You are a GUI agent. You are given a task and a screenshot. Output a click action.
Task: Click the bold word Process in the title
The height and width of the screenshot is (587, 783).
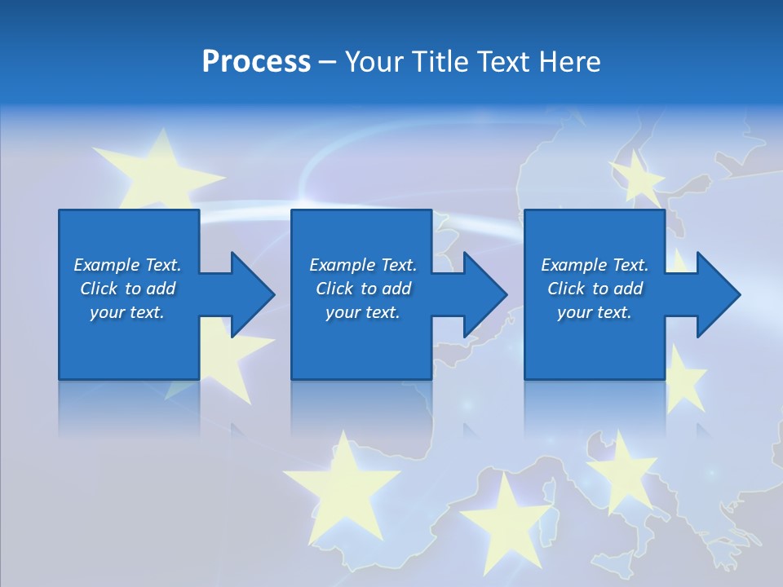point(256,62)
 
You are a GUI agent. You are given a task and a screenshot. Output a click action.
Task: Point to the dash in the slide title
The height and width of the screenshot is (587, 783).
point(327,63)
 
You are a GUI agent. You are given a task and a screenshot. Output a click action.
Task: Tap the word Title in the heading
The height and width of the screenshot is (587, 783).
point(441,62)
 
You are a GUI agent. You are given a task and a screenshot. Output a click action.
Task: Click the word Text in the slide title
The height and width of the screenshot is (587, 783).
point(505,62)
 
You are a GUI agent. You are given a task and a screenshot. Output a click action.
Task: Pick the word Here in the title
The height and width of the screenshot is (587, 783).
point(570,62)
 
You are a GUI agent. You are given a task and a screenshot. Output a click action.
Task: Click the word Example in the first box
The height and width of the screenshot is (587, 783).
point(106,265)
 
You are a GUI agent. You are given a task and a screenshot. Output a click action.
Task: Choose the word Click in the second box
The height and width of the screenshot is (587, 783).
point(334,289)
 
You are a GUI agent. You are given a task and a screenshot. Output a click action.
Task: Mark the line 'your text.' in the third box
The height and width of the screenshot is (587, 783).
point(594,312)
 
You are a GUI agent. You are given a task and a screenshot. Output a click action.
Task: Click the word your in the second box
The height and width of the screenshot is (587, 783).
point(343,312)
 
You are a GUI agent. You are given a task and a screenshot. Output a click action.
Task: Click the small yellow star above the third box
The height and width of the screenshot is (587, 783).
point(636,176)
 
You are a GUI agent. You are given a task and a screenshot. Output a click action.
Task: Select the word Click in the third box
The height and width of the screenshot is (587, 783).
point(565,289)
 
